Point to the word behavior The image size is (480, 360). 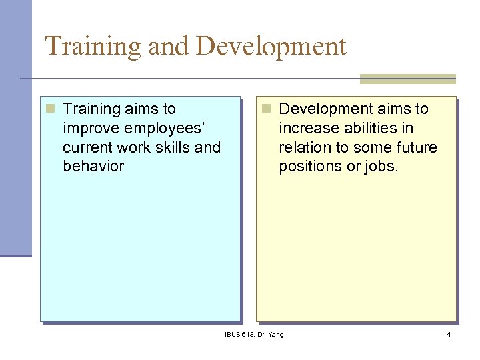point(93,166)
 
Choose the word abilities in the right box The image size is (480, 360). point(365,128)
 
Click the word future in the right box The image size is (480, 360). point(414,147)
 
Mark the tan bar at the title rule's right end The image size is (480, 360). point(407,79)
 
